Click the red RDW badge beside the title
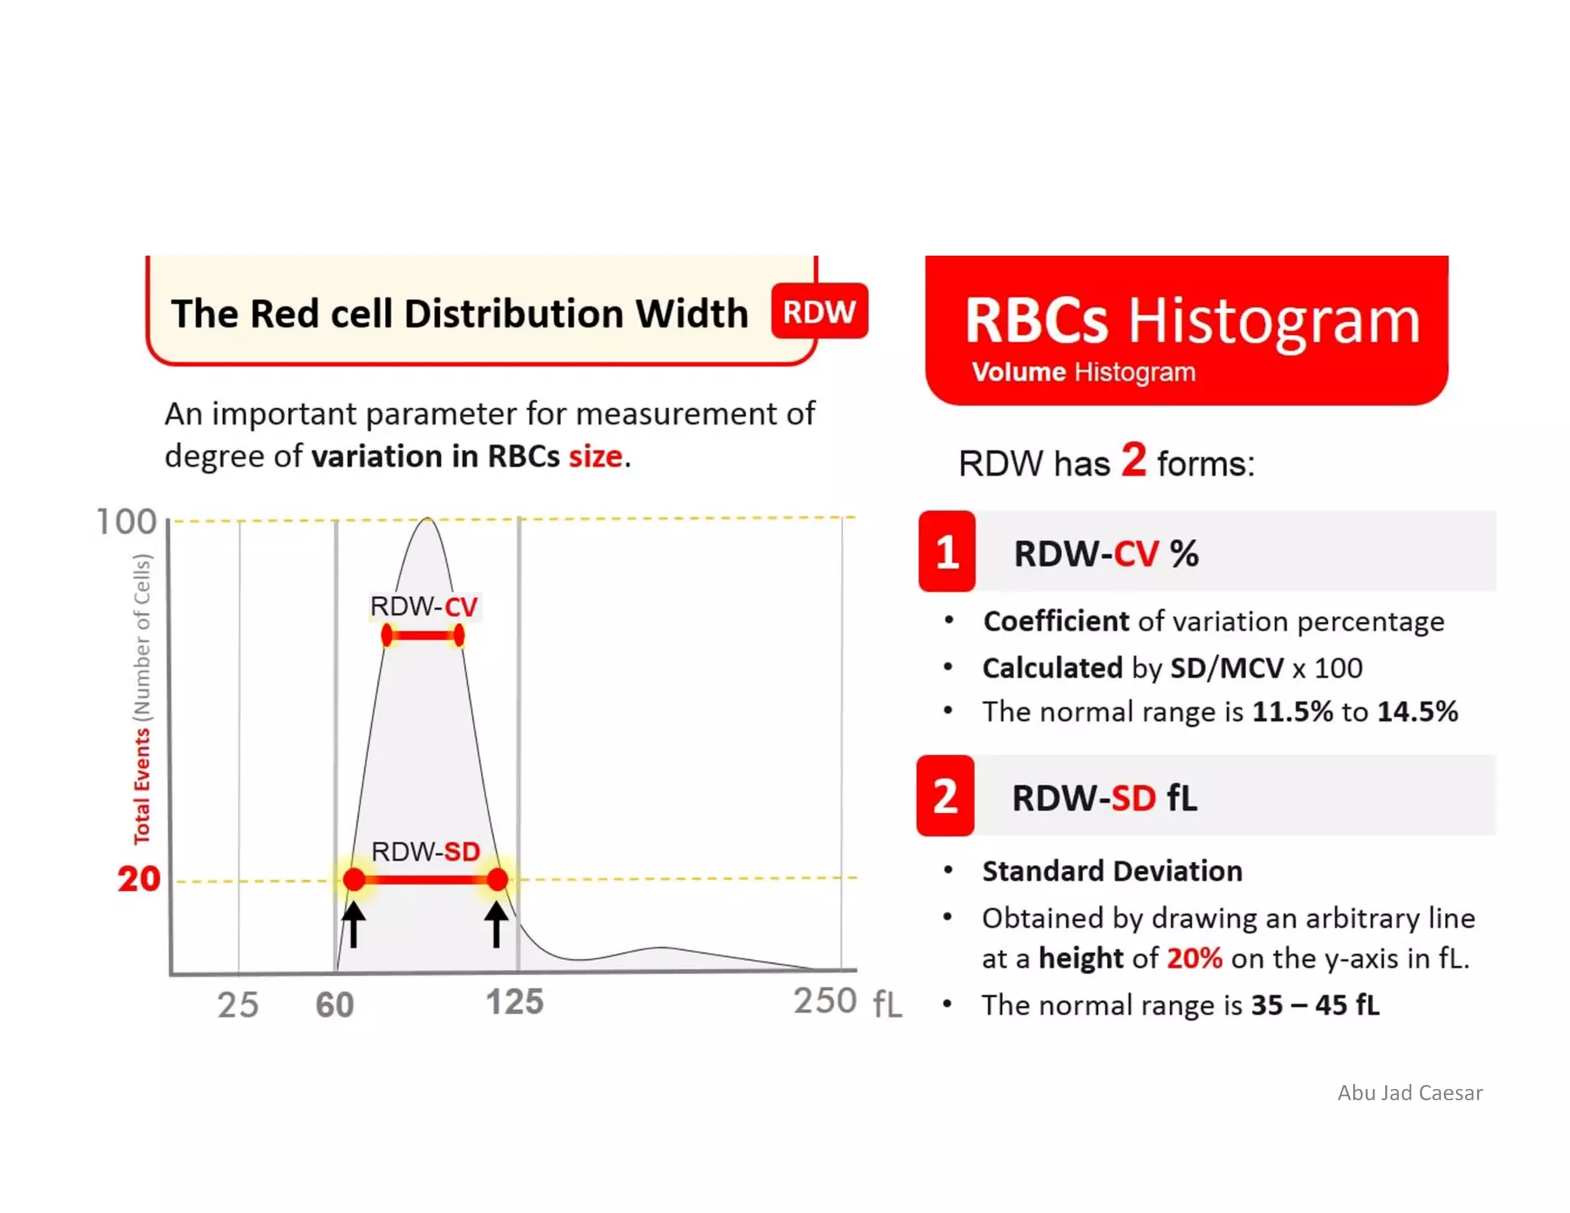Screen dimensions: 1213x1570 (819, 311)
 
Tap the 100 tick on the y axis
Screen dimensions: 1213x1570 (126, 522)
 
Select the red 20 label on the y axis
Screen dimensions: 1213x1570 (139, 879)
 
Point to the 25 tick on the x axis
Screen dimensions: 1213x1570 (238, 1004)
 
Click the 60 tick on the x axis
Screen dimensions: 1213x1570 (335, 1004)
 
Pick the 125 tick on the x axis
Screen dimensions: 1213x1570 (514, 1002)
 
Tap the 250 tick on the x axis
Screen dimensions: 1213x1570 (824, 1001)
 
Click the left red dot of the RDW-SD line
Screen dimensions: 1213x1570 (353, 879)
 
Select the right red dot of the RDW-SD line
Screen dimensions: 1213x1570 (498, 879)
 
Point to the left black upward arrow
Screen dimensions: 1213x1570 (353, 924)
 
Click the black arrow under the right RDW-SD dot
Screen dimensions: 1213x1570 (496, 924)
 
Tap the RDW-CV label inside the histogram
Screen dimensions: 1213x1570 (423, 606)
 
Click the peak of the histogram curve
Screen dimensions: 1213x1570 (428, 520)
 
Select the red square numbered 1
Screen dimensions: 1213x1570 (947, 551)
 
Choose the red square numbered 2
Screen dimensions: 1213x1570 (945, 796)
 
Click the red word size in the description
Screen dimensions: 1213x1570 (595, 456)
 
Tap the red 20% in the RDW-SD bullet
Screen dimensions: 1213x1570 (1194, 958)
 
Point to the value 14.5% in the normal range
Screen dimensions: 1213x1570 (1417, 712)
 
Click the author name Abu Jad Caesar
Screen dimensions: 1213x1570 (1409, 1093)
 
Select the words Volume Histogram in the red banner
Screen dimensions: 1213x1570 (1082, 373)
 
